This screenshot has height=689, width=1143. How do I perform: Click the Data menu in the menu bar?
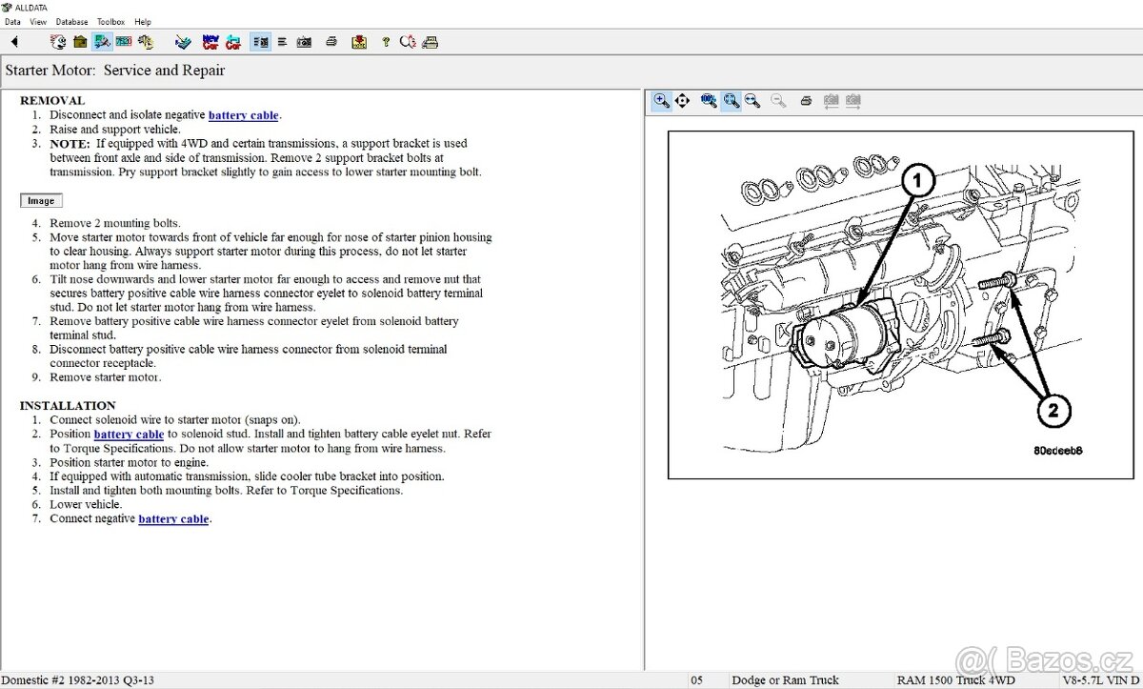point(12,21)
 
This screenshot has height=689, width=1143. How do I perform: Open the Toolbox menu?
point(110,21)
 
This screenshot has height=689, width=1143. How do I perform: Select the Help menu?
point(143,21)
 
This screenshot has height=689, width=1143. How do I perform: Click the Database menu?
point(71,21)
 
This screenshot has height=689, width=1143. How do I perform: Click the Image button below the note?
point(41,201)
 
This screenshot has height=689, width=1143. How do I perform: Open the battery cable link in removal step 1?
point(243,115)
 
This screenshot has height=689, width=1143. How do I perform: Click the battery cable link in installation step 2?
point(129,435)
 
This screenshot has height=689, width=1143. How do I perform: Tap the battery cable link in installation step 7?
point(173,519)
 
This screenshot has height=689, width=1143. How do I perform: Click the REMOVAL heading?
point(52,100)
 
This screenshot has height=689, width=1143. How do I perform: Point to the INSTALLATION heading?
point(68,405)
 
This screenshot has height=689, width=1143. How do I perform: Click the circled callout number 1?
point(918,179)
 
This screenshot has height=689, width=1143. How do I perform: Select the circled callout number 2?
point(1053,412)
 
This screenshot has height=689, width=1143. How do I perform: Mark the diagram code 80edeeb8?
point(1058,450)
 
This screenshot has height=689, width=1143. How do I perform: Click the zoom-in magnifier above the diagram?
point(661,100)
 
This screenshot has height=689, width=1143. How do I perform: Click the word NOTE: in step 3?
point(70,144)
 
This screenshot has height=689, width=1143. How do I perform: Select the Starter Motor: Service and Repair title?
point(115,71)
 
